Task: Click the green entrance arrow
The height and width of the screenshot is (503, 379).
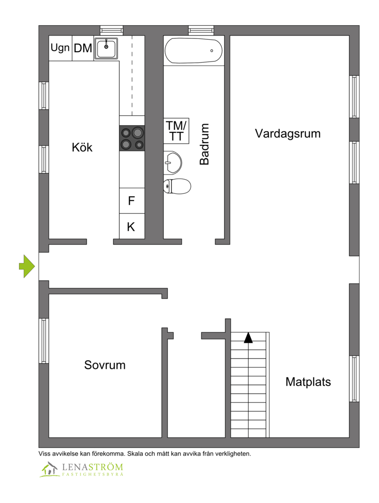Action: [27, 266]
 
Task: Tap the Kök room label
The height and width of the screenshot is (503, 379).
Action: [82, 147]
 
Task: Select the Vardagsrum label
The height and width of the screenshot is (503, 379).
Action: [288, 133]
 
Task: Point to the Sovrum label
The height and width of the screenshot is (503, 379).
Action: [105, 365]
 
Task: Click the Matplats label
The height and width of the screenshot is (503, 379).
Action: [308, 382]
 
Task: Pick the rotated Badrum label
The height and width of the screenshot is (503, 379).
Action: [204, 144]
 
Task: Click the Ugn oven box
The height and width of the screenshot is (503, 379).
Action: [61, 48]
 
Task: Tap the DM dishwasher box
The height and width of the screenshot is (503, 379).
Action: [83, 48]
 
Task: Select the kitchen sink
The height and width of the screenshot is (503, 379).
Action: [106, 48]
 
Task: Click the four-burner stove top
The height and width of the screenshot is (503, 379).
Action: [132, 138]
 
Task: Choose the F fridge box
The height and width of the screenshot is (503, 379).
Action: [132, 201]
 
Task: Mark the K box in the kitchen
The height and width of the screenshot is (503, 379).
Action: [132, 227]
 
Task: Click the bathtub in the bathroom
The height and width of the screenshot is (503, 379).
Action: [193, 51]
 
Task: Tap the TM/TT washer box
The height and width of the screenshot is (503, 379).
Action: [176, 130]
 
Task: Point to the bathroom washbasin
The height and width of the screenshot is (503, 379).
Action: [172, 163]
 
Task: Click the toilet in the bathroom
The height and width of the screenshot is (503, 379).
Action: [177, 186]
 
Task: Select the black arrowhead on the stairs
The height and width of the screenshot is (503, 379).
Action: [248, 338]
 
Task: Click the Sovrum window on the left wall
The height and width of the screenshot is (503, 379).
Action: [44, 341]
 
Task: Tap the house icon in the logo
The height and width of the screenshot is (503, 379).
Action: [50, 469]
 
